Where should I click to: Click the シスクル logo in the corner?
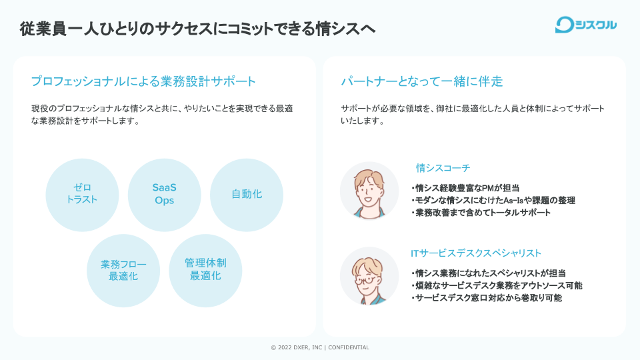coord(586,25)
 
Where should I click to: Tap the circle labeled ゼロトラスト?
coord(82,194)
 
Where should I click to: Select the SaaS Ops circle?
coord(164,194)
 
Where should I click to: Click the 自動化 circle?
coord(247,194)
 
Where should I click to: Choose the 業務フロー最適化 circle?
coord(123,270)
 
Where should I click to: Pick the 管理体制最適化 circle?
coord(205,270)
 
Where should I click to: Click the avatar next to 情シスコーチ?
coord(369,191)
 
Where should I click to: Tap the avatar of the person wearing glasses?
coord(369,276)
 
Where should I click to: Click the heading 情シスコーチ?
coord(443,168)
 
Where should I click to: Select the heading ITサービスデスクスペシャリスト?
coord(476,253)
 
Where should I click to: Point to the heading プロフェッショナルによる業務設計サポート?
coord(143,81)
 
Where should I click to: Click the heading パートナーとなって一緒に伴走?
coord(422,81)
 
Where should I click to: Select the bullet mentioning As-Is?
coord(493,201)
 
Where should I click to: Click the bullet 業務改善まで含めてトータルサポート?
coord(481,213)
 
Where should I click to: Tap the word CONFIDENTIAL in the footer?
coord(348,347)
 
